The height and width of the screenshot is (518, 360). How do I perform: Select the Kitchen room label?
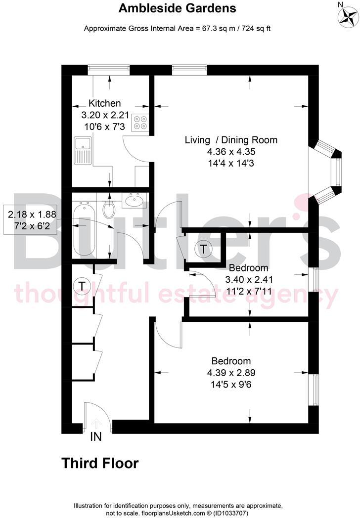tap(104, 103)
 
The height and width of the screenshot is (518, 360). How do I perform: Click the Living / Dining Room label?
tap(231, 140)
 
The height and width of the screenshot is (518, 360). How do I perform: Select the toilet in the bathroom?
tap(109, 210)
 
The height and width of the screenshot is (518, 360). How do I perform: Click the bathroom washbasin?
tap(133, 201)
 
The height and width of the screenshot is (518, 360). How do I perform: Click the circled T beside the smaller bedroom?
tap(204, 249)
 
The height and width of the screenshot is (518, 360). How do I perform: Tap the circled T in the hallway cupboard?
tap(81, 286)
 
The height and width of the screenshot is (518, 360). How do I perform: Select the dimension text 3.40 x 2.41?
tap(249, 279)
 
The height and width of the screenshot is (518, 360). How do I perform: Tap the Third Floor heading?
tap(100, 464)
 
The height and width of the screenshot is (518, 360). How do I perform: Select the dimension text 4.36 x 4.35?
tap(231, 152)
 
